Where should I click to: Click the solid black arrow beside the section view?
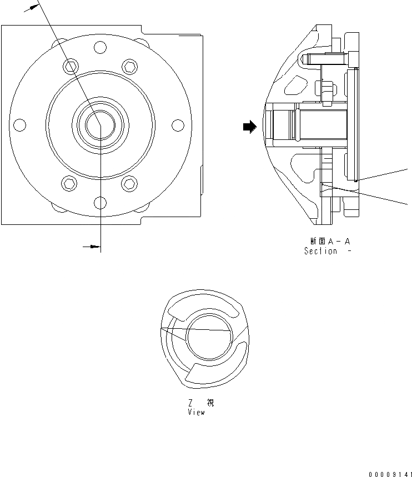pyautogui.click(x=249, y=127)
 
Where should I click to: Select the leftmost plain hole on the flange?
pyautogui.click(x=19, y=125)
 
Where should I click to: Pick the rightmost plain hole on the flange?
pyautogui.click(x=178, y=125)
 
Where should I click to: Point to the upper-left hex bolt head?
pyautogui.click(x=70, y=67)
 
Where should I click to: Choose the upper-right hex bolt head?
pyautogui.click(x=129, y=67)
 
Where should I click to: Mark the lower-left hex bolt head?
pyautogui.click(x=70, y=182)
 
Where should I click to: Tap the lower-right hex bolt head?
pyautogui.click(x=129, y=182)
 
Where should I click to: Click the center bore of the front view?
pyautogui.click(x=99, y=124)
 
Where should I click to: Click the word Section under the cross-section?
pyautogui.click(x=320, y=251)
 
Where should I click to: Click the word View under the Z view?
pyautogui.click(x=196, y=413)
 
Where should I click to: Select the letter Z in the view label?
pyautogui.click(x=190, y=404)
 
